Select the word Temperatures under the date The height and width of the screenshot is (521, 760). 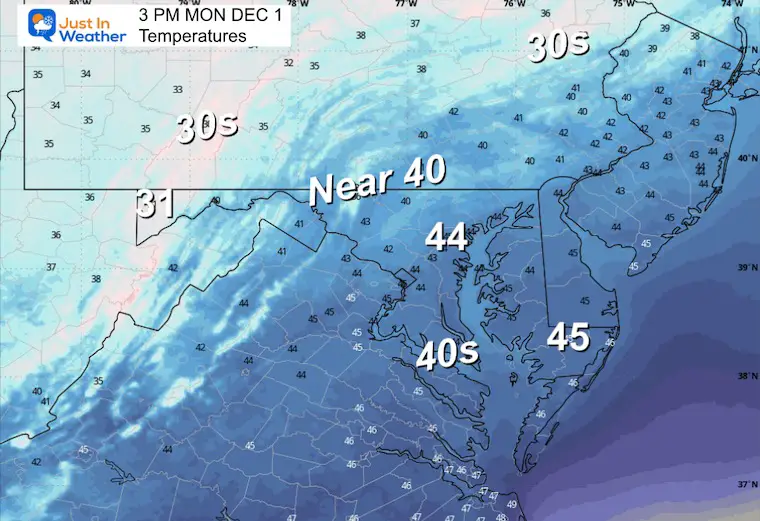192,36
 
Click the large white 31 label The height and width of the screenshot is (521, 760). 156,204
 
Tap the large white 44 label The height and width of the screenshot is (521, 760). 447,237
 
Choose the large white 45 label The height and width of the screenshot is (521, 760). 567,337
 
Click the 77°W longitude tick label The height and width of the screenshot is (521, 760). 405,5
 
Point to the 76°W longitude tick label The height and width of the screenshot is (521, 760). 514,5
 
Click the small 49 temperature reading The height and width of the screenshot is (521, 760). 512,504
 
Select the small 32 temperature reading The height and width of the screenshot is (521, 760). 288,63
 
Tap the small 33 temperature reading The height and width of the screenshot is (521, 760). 177,89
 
